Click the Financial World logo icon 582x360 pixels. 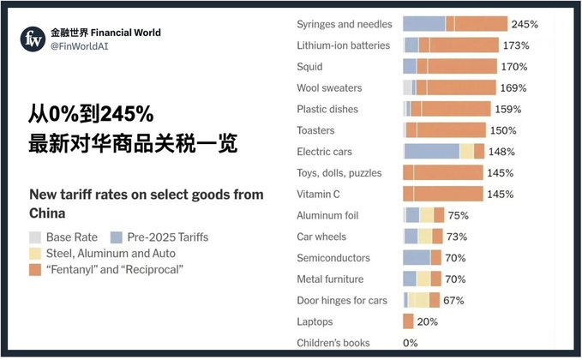click(34, 39)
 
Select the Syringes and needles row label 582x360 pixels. click(345, 24)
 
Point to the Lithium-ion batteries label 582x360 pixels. click(343, 45)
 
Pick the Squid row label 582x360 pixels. click(309, 66)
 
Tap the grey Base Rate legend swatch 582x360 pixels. click(35, 237)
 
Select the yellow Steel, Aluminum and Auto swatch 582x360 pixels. click(35, 254)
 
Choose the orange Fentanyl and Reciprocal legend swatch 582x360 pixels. click(35, 271)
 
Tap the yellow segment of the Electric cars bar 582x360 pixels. click(467, 152)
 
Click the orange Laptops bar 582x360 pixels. click(408, 321)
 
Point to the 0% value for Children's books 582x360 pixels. click(411, 343)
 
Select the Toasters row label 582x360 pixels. click(315, 130)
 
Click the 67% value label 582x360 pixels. click(453, 301)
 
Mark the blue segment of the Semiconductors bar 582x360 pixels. click(417, 258)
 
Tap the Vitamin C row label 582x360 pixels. click(319, 195)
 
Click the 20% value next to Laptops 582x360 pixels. click(427, 322)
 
